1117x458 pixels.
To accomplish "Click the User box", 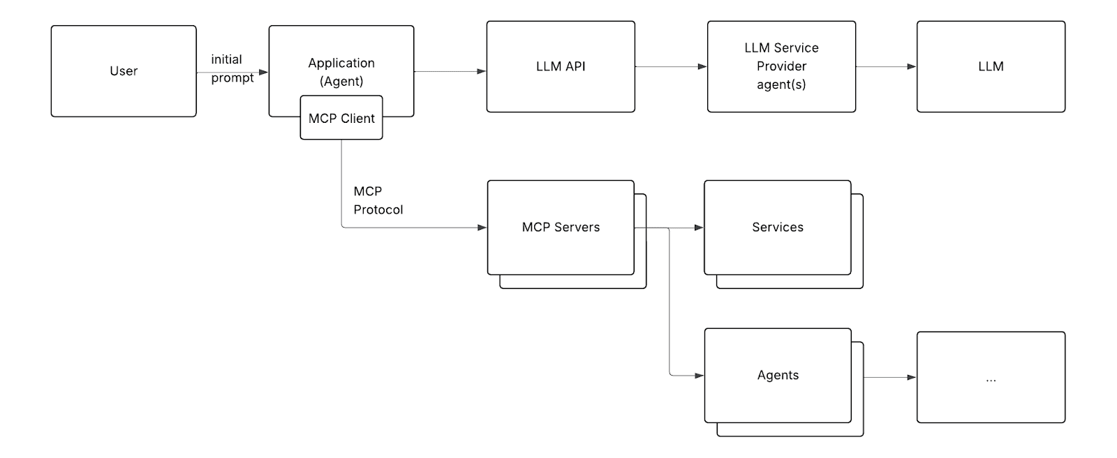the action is pyautogui.click(x=124, y=71).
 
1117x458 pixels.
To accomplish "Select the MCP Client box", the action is pyautogui.click(x=341, y=118).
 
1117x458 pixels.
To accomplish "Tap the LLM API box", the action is pyautogui.click(x=561, y=66).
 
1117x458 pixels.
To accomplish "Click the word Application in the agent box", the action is pyautogui.click(x=341, y=63).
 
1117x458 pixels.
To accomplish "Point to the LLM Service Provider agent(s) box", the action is pyautogui.click(x=781, y=66).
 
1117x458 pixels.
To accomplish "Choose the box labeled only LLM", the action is pyautogui.click(x=991, y=66).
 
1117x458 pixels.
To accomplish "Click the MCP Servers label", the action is pyautogui.click(x=561, y=227).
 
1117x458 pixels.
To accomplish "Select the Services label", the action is pyautogui.click(x=778, y=227).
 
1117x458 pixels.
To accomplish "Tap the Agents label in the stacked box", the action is pyautogui.click(x=778, y=375).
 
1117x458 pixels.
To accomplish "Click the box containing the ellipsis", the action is pyautogui.click(x=991, y=377).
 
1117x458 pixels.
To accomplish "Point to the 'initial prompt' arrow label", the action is pyautogui.click(x=232, y=69).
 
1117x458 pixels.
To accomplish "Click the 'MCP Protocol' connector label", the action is pyautogui.click(x=378, y=200).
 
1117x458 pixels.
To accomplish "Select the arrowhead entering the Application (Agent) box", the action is pyautogui.click(x=264, y=73).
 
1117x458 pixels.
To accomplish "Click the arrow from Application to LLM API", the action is pyautogui.click(x=450, y=71).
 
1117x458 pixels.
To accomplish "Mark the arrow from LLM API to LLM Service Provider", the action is pyautogui.click(x=671, y=66).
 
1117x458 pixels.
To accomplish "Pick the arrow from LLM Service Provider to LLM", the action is pyautogui.click(x=886, y=66).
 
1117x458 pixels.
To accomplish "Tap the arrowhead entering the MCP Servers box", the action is pyautogui.click(x=482, y=228).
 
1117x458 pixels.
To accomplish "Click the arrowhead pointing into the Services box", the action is pyautogui.click(x=699, y=228).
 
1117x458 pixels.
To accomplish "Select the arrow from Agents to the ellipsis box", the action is pyautogui.click(x=890, y=377).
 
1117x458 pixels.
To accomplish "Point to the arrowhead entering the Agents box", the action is pyautogui.click(x=699, y=375).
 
